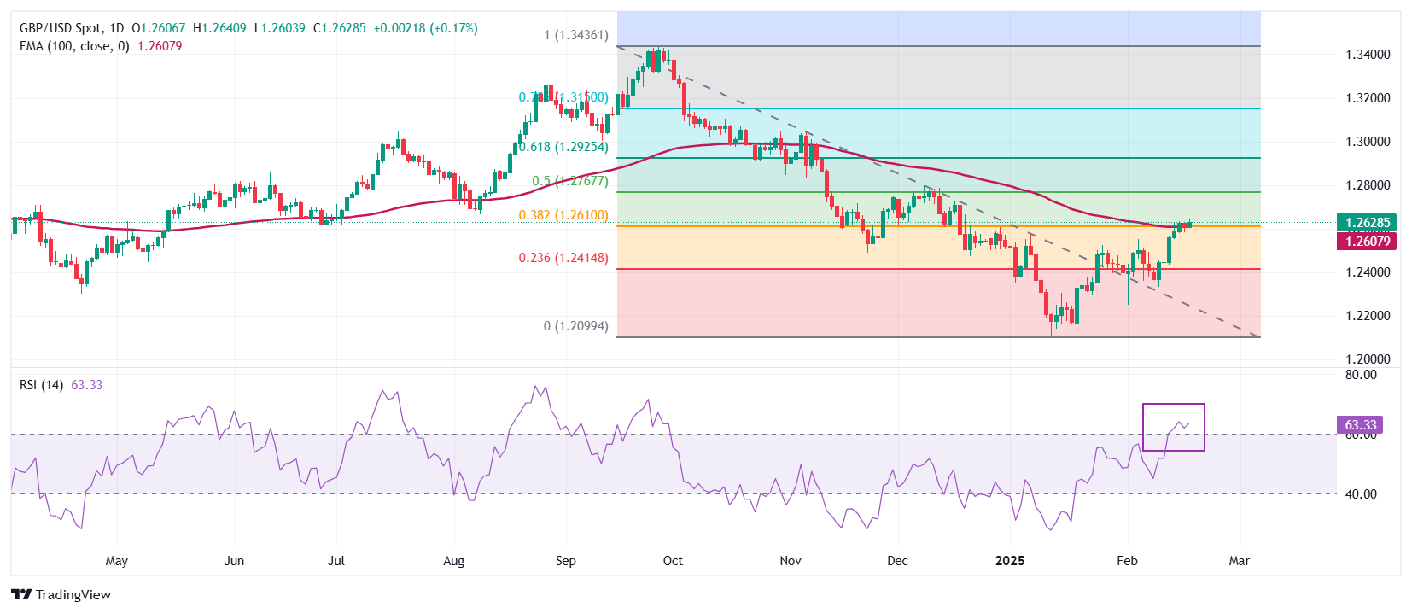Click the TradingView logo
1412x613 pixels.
(x=61, y=594)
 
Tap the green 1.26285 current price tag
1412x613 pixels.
(x=1368, y=223)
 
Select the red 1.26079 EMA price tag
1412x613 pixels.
(x=1368, y=242)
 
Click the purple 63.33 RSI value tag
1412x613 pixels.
(x=1361, y=425)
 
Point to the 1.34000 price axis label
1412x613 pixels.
(x=1368, y=55)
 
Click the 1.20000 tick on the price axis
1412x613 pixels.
(x=1368, y=359)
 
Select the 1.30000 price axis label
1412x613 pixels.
(x=1368, y=142)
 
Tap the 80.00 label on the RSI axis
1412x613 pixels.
(x=1361, y=375)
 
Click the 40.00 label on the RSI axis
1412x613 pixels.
(x=1361, y=494)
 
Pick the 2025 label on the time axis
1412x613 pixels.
(x=1010, y=561)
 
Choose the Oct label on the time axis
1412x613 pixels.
(x=673, y=561)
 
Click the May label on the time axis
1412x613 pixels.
(x=117, y=561)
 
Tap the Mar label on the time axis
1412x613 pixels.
(x=1239, y=561)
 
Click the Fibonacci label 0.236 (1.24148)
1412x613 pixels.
(x=563, y=258)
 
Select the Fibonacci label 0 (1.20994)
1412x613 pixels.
(x=576, y=326)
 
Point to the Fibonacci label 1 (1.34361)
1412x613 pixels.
(x=576, y=35)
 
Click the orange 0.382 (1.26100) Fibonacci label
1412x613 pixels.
(x=563, y=215)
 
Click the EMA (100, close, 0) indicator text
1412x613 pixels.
(x=74, y=46)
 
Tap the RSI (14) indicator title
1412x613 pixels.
(x=41, y=385)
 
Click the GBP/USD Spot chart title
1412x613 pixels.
(x=61, y=28)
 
